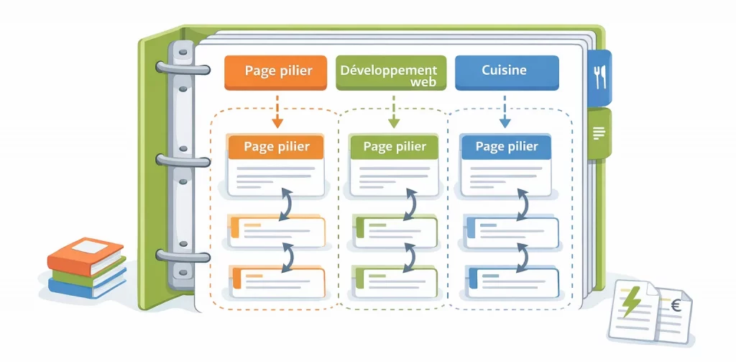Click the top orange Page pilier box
pyautogui.click(x=277, y=72)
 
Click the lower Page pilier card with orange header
pyautogui.click(x=277, y=164)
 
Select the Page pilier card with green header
pyautogui.click(x=394, y=164)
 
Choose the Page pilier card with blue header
pyautogui.click(x=506, y=164)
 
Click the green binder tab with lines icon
pyautogui.click(x=599, y=132)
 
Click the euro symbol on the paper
pyautogui.click(x=675, y=305)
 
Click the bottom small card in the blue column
pyautogui.click(x=512, y=278)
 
